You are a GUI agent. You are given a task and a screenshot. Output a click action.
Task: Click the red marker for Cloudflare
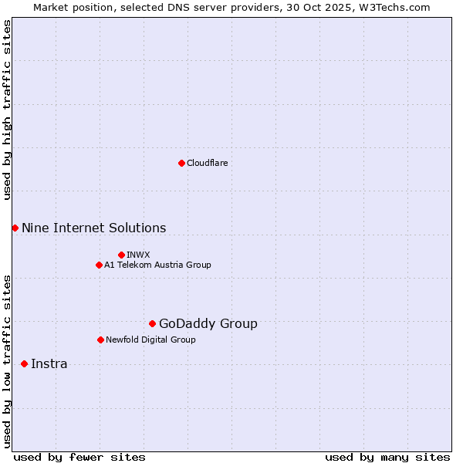pos(181,163)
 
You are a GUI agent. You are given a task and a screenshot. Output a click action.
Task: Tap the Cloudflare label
pos(207,163)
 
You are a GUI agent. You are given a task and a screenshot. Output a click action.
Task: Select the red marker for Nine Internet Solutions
pos(15,228)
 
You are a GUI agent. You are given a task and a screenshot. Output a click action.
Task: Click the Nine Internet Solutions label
pos(93,228)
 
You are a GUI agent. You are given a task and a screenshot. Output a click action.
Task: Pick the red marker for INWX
pos(121,255)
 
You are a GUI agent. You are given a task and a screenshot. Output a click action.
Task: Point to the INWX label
pos(138,255)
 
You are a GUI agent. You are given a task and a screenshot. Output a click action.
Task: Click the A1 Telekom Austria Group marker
pos(99,265)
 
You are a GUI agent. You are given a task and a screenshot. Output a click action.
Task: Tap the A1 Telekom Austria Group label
pos(157,265)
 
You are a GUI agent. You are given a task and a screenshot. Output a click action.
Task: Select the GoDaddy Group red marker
pos(152,323)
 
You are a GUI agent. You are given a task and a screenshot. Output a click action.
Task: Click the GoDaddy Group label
pos(208,323)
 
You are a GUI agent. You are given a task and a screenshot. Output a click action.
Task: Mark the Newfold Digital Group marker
pos(100,340)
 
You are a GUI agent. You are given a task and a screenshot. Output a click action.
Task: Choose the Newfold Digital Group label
pos(150,340)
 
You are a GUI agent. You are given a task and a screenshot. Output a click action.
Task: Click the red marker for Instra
pos(24,363)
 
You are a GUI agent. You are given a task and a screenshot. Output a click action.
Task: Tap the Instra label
pos(49,363)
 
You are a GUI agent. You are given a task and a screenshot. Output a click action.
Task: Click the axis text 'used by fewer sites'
pos(79,457)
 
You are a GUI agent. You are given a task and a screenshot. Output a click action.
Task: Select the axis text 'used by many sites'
pos(387,457)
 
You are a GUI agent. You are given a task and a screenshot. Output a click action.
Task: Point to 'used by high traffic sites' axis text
pos(7,110)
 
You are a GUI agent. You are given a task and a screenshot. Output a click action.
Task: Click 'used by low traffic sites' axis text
pos(7,361)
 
